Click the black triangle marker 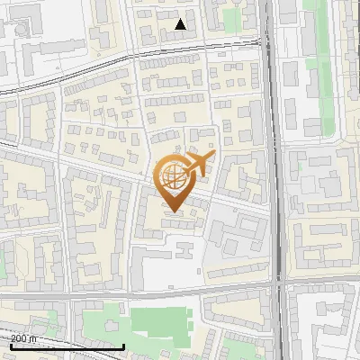[181, 24]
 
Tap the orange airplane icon [197, 165]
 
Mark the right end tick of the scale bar [123, 346]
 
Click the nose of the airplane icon [213, 157]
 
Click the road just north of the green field [162, 295]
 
